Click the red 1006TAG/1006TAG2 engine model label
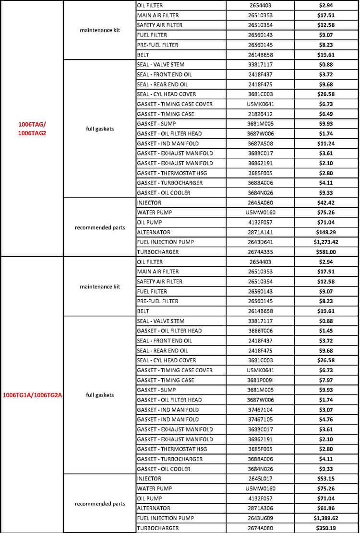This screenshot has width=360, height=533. (x=32, y=128)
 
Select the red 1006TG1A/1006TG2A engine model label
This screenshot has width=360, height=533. (x=33, y=395)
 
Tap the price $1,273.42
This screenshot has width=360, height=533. (x=326, y=242)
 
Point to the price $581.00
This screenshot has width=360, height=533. (x=326, y=252)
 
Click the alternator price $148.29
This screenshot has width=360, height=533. (x=326, y=232)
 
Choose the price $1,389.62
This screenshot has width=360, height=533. (x=326, y=518)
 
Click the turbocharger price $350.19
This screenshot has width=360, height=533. (x=326, y=528)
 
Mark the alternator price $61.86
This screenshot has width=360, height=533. (x=326, y=508)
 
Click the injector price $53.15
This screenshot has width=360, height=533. (x=326, y=478)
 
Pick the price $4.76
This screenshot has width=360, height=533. (x=326, y=419)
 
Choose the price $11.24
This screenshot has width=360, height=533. (x=326, y=143)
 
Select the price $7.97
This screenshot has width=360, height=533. (x=326, y=380)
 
